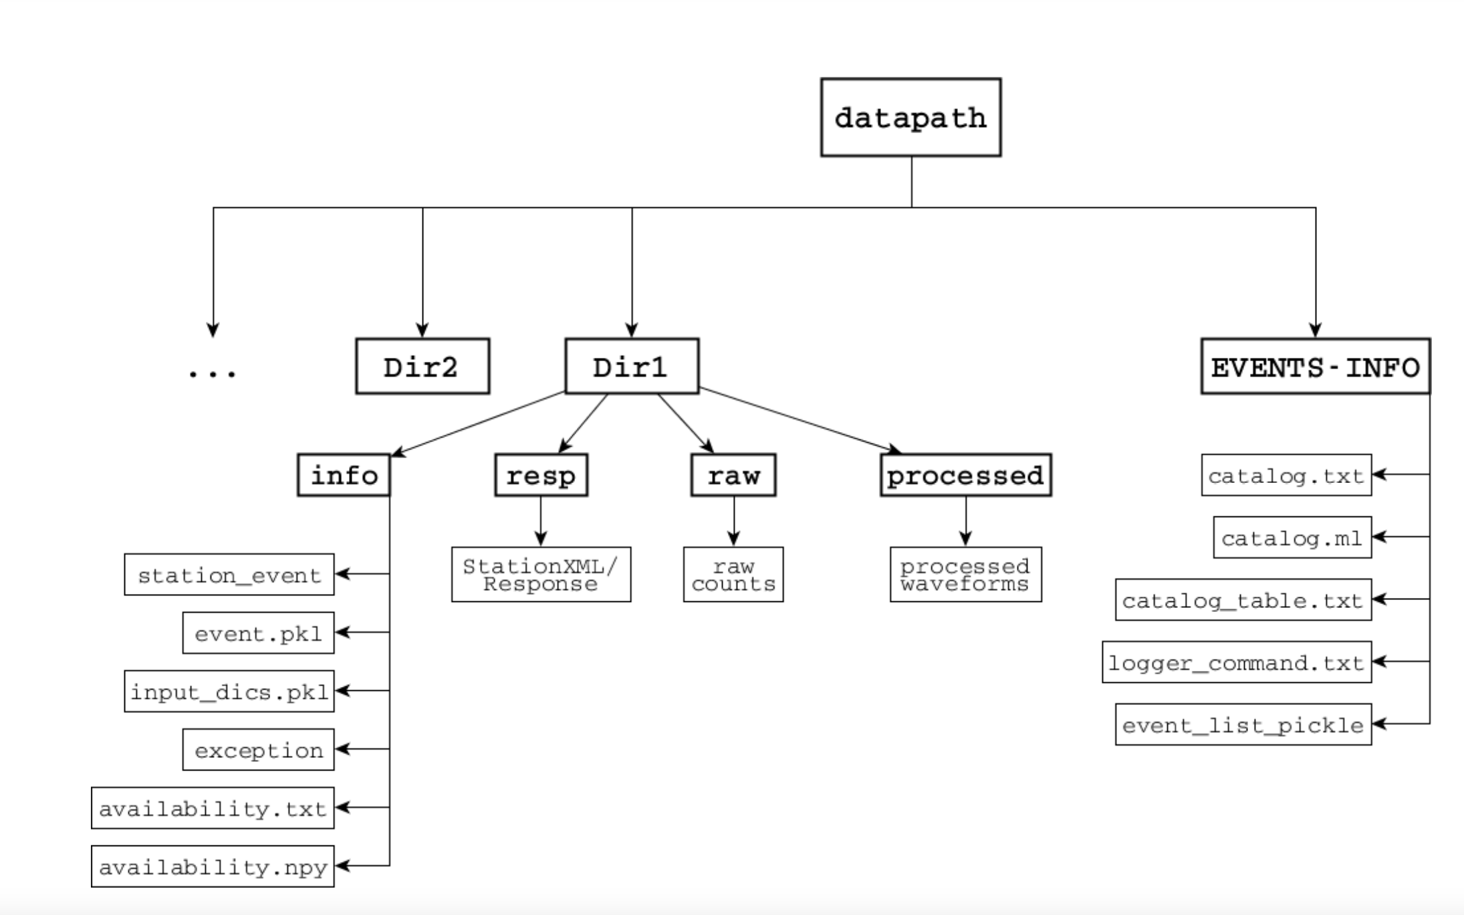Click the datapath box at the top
pyautogui.click(x=910, y=118)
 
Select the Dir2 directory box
pyautogui.click(x=422, y=367)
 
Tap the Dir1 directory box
pyautogui.click(x=632, y=367)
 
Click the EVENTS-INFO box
pyautogui.click(x=1315, y=367)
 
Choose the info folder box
pyautogui.click(x=344, y=476)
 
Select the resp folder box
pyautogui.click(x=541, y=476)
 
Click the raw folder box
pyautogui.click(x=733, y=476)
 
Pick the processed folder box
pyautogui.click(x=965, y=476)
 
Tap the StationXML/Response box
pyautogui.click(x=541, y=575)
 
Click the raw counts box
pyautogui.click(x=733, y=575)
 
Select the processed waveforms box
pyautogui.click(x=965, y=575)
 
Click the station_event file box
pyautogui.click(x=229, y=575)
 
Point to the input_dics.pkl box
pyautogui.click(x=229, y=692)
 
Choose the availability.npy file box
pyautogui.click(x=213, y=867)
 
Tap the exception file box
pyautogui.click(x=258, y=750)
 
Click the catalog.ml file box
pyautogui.click(x=1292, y=537)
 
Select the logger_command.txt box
pyautogui.click(x=1236, y=662)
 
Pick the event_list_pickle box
pyautogui.click(x=1243, y=724)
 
